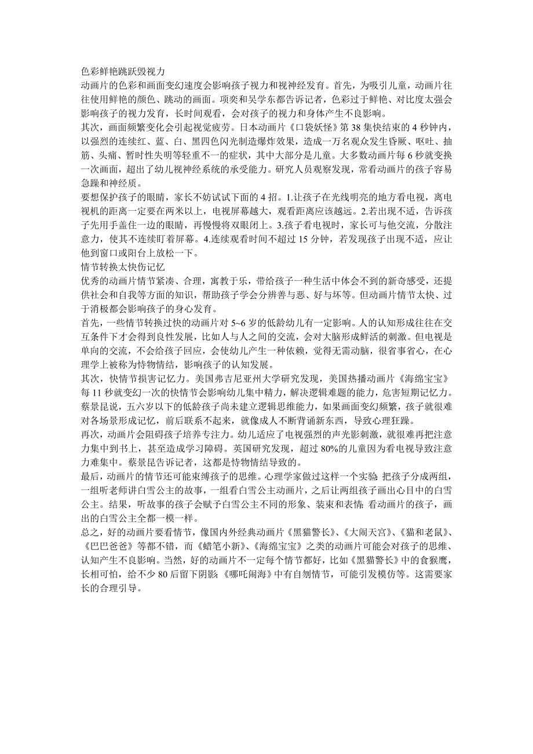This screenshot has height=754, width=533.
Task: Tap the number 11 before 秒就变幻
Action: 96,391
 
